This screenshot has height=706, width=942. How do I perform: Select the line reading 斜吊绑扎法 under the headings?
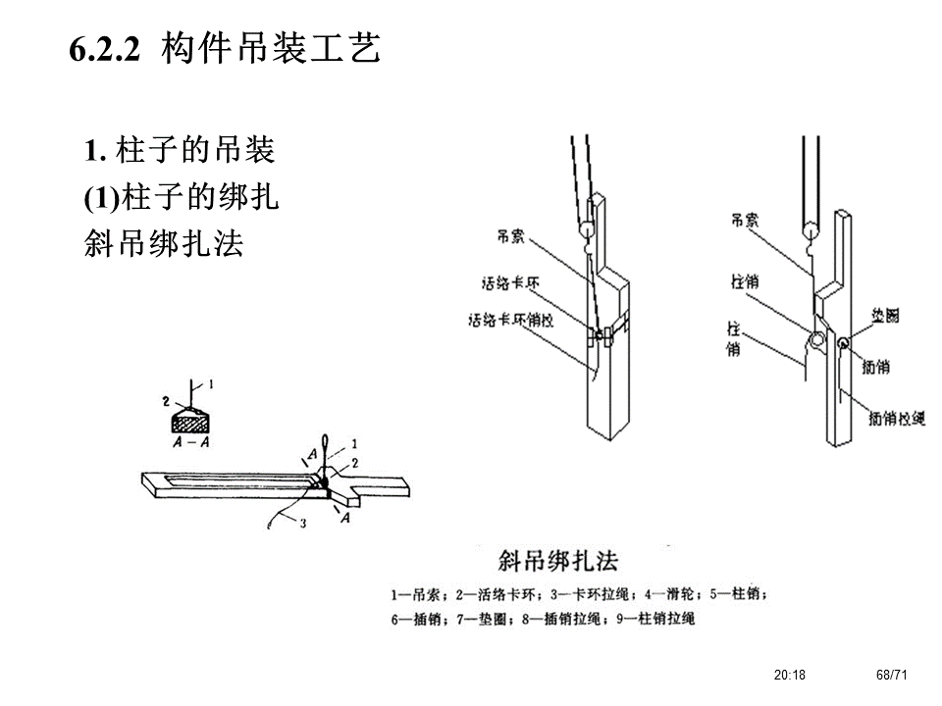tap(164, 244)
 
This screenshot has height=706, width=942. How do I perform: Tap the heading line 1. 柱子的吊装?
tap(180, 151)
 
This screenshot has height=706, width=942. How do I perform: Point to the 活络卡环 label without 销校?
tap(510, 285)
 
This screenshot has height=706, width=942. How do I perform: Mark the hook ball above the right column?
tap(811, 232)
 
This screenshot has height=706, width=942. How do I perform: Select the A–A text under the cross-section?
tap(191, 442)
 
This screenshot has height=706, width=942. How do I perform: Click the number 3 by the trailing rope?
tap(302, 524)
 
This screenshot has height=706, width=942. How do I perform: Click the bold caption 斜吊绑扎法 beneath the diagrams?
tap(558, 562)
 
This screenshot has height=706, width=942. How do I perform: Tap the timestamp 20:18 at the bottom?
tap(789, 675)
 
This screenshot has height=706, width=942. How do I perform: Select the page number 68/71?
tap(892, 675)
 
